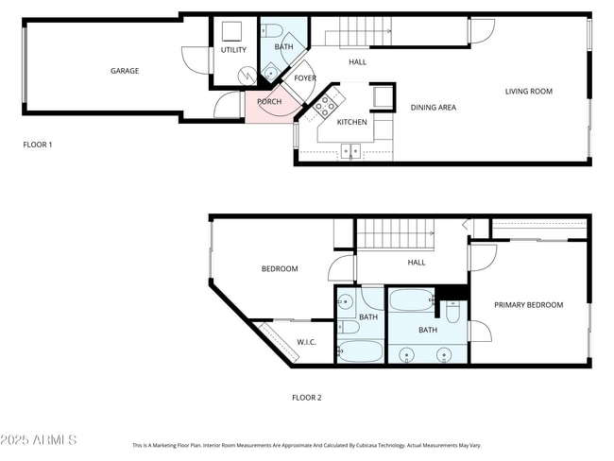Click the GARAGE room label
click(125, 71)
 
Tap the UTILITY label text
click(233, 49)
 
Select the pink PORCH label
click(269, 102)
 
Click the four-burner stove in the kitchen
click(326, 104)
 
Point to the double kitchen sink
click(350, 149)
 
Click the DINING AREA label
click(434, 108)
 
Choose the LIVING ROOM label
click(529, 92)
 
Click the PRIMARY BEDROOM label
click(529, 305)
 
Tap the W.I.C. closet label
click(306, 342)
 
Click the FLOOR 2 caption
click(306, 398)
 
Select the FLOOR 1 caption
click(38, 145)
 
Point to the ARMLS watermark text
click(40, 440)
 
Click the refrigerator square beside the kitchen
click(383, 97)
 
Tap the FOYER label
click(305, 78)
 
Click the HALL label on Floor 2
click(417, 263)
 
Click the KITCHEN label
click(352, 122)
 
